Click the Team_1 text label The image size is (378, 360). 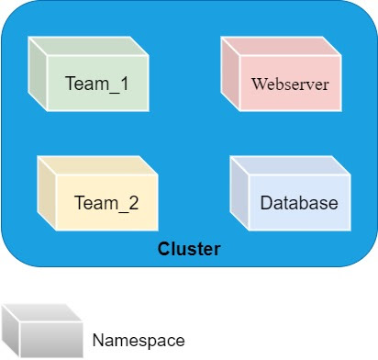pos(96,84)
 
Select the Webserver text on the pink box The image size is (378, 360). pos(290,84)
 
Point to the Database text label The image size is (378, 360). pos(299,203)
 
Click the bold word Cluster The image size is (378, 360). pos(189,249)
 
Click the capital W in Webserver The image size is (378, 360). pos(258,84)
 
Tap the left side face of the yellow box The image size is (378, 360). pos(46,196)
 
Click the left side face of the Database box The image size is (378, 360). pos(239,196)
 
